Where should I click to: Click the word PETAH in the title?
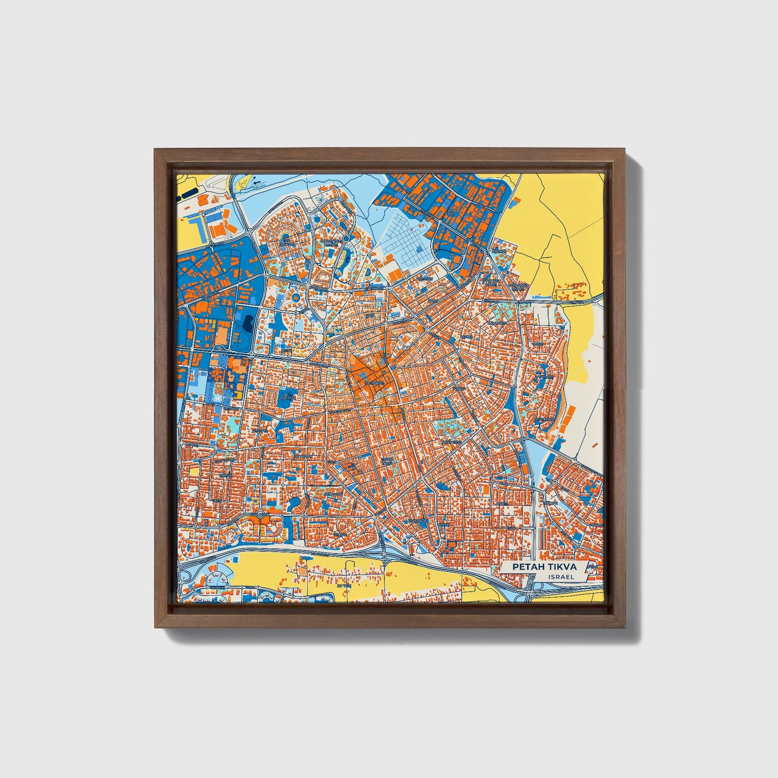(527, 567)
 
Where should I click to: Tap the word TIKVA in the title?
(560, 567)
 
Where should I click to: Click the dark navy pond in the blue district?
(248, 323)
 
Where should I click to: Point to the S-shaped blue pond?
(296, 504)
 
